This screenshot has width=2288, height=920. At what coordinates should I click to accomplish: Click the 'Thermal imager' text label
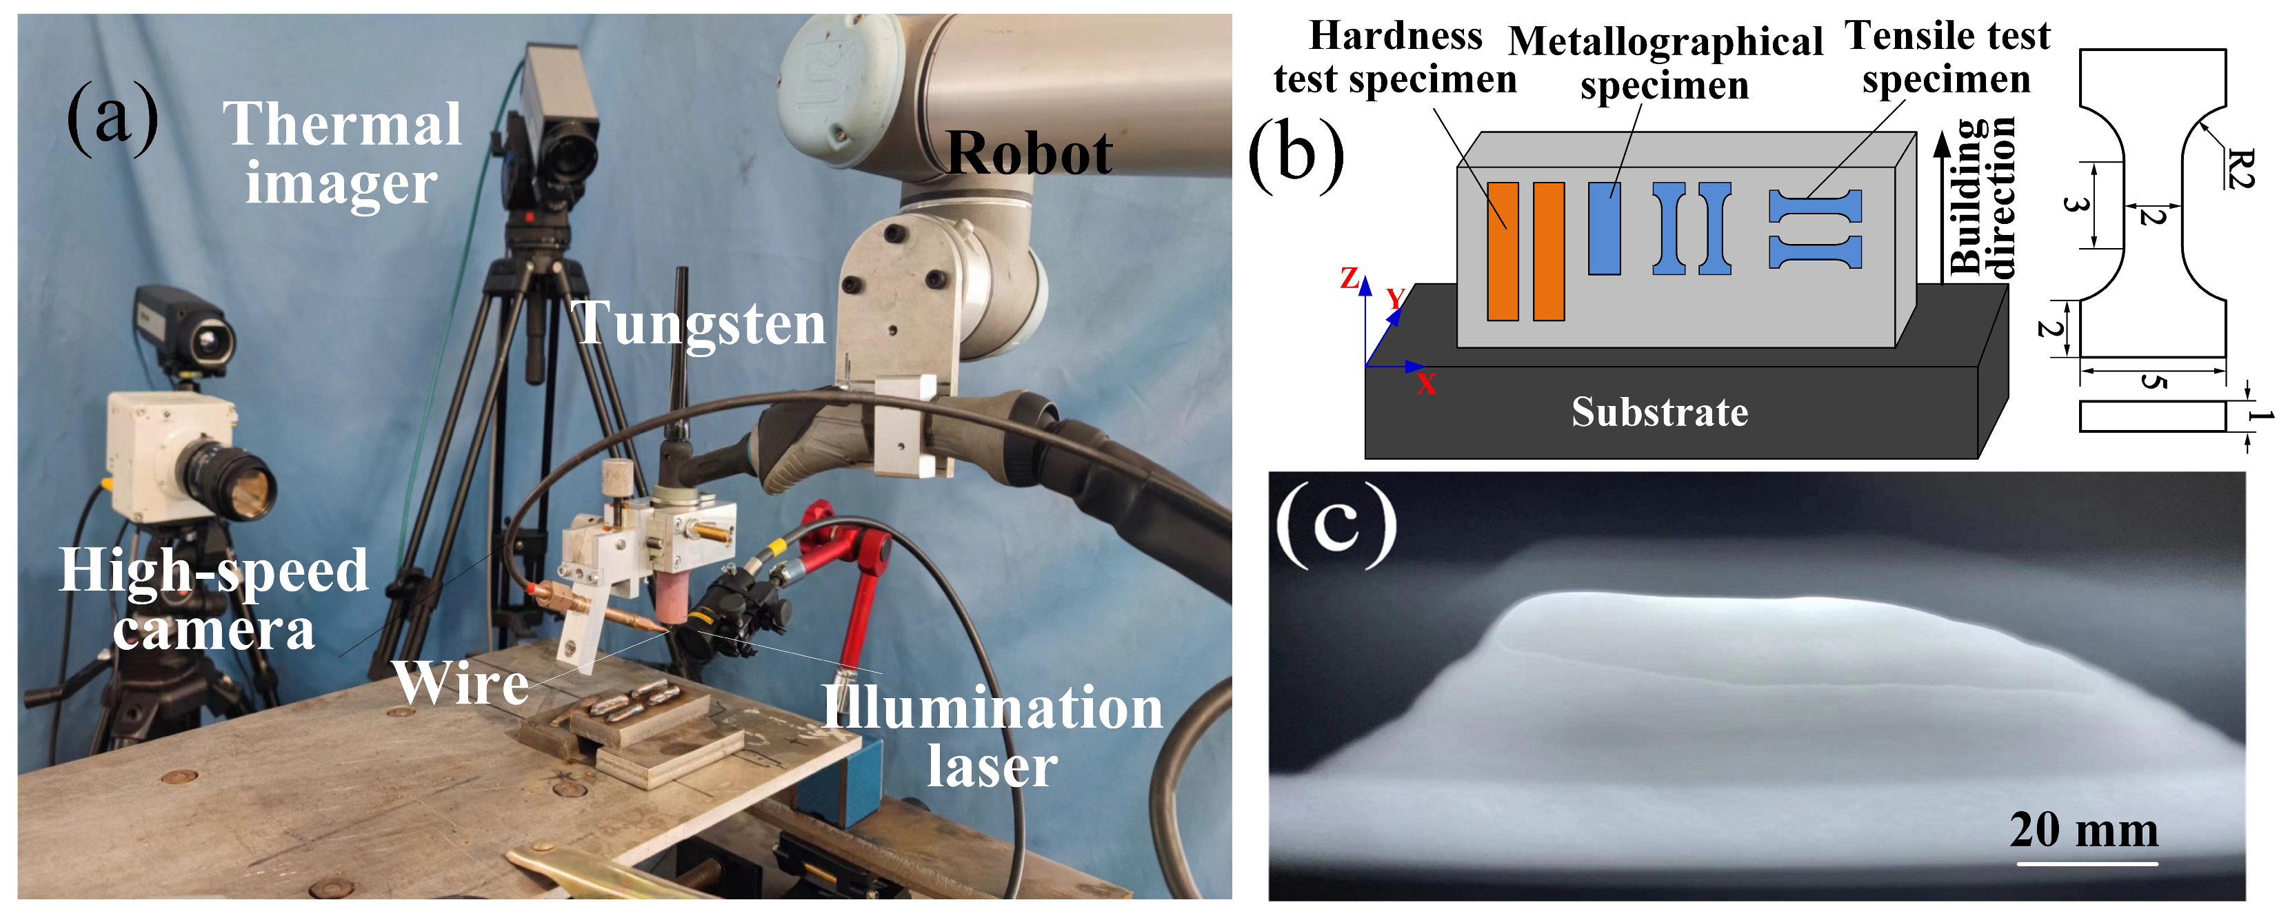(x=342, y=153)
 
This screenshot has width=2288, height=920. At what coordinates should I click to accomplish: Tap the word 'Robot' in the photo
(x=1029, y=154)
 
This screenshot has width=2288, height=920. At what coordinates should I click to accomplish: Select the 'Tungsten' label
(x=701, y=323)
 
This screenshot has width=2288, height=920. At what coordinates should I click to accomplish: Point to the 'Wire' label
(x=462, y=684)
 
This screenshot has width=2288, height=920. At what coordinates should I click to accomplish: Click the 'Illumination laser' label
(x=991, y=736)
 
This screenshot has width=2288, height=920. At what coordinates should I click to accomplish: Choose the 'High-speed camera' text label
(x=213, y=600)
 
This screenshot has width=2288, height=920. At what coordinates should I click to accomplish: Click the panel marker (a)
(x=113, y=117)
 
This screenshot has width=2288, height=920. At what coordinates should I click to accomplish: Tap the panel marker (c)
(x=1335, y=524)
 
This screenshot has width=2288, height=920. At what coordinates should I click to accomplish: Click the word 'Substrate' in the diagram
(x=1659, y=412)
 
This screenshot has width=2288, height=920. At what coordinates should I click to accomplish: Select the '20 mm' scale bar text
(x=2084, y=830)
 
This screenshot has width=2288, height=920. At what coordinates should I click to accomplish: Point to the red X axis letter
(x=1425, y=384)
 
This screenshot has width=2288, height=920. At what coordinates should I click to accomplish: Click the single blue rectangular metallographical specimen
(x=1604, y=228)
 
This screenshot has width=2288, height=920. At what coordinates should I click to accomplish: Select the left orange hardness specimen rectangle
(x=1503, y=252)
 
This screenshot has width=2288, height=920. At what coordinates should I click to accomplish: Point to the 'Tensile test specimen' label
(x=1947, y=58)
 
